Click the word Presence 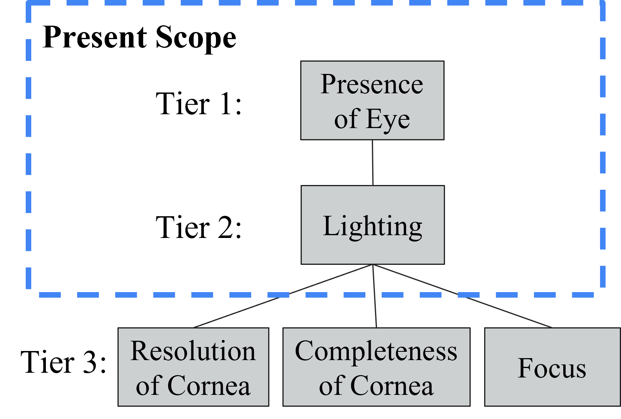pos(372,84)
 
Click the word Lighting pos(373,226)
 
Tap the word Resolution pos(193,351)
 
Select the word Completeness pos(376,351)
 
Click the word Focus pos(552,368)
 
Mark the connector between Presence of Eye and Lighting pos(373,162)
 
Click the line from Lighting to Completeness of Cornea pos(375,296)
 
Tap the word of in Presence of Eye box pos(346,119)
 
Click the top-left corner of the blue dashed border pos(28,3)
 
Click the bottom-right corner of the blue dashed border pos(602,294)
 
